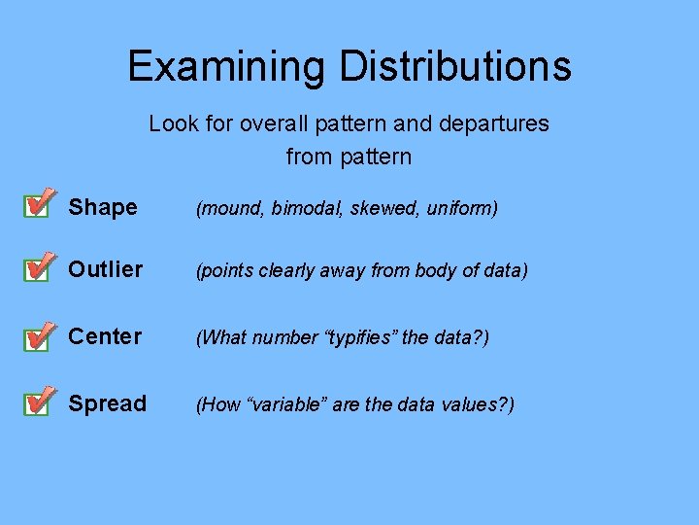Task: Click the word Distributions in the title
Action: click(x=455, y=67)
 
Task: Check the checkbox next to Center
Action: click(x=36, y=337)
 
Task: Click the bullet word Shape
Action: click(x=103, y=207)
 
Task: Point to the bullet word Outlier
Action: click(x=106, y=269)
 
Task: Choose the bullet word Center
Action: click(x=105, y=336)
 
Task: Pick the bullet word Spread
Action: click(x=108, y=403)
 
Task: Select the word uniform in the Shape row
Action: click(x=460, y=208)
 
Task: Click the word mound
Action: click(x=231, y=208)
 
